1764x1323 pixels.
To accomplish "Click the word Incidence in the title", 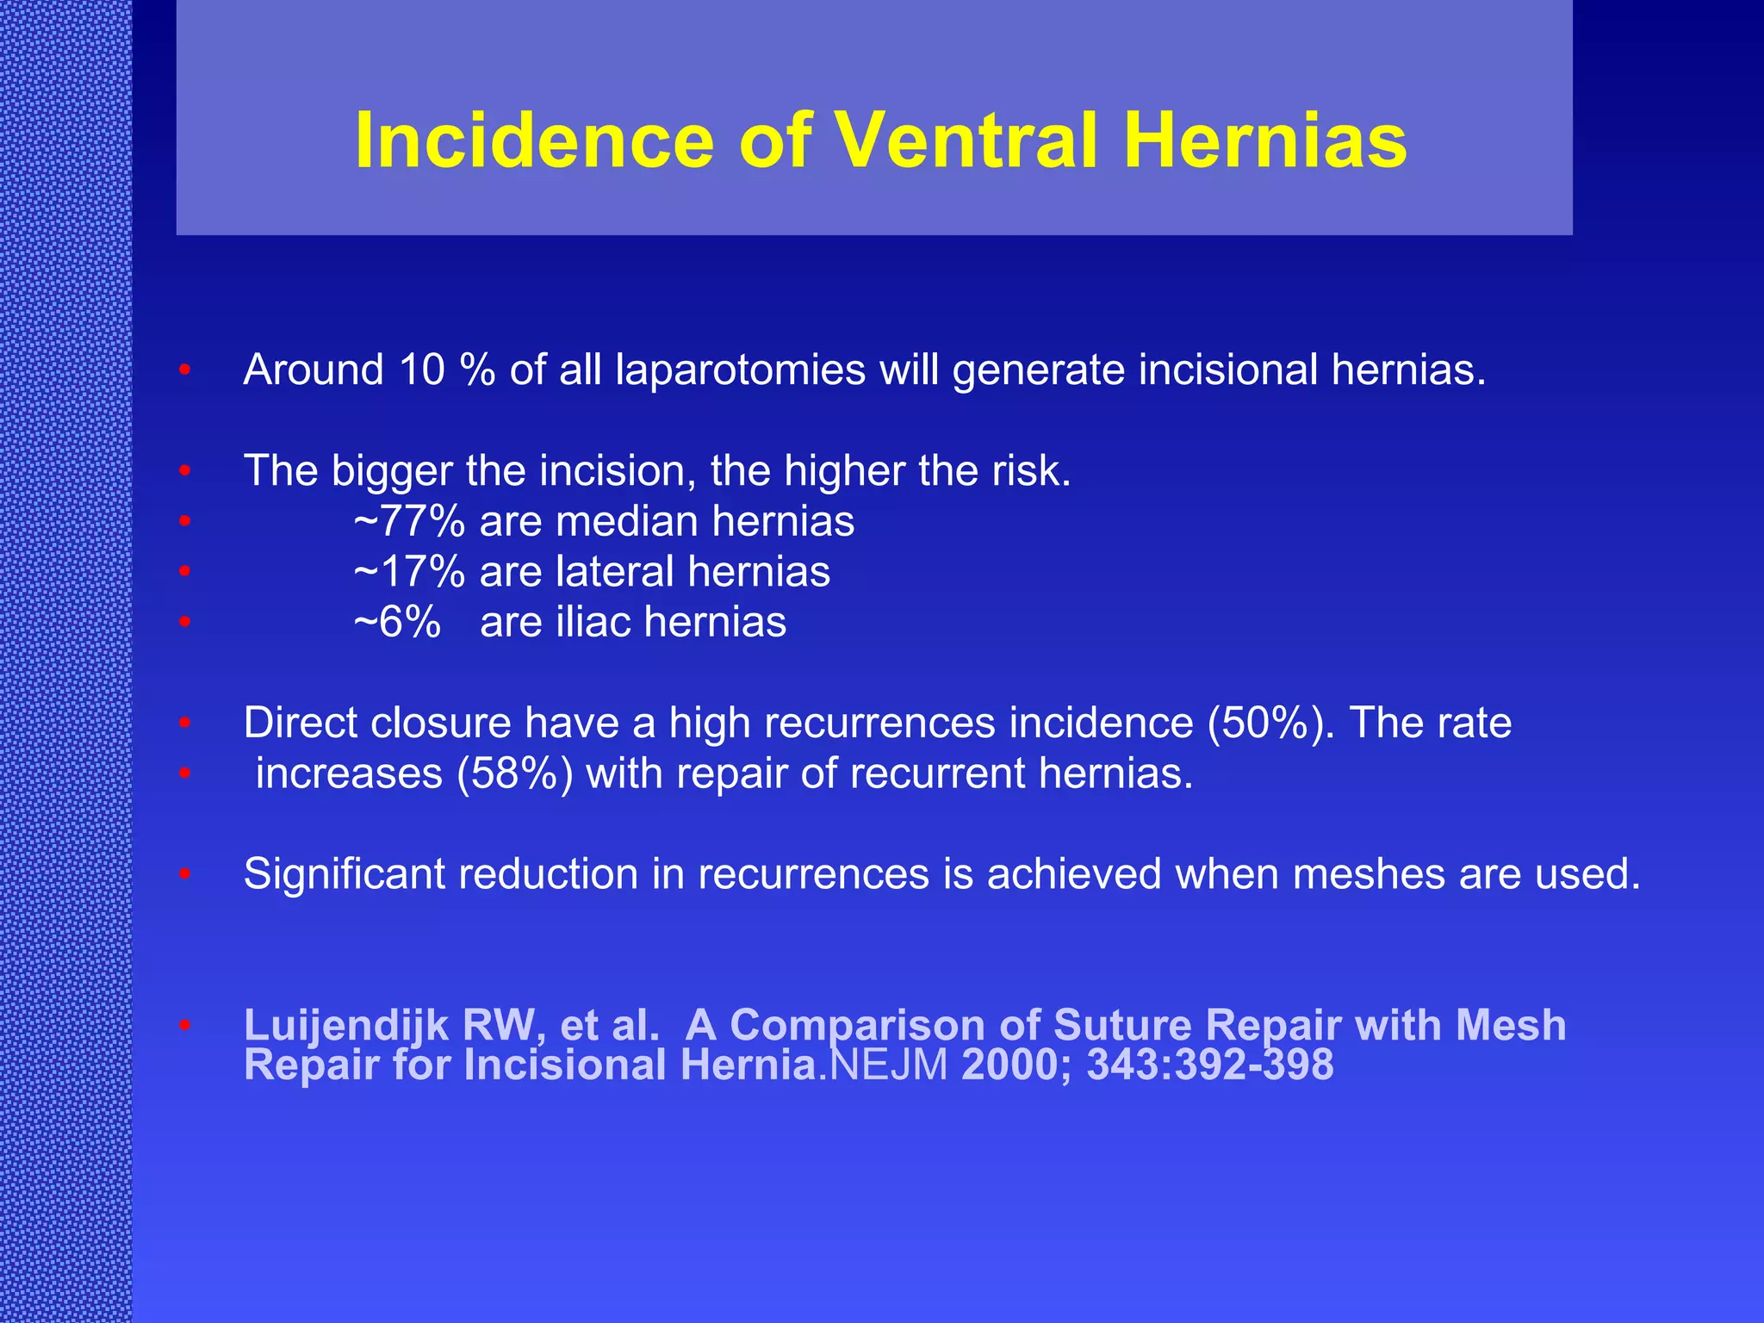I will click(x=534, y=140).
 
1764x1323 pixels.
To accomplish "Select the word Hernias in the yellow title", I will click(x=1265, y=140).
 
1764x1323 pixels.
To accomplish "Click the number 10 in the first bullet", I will click(x=421, y=370).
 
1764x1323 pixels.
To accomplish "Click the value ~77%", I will click(x=409, y=522).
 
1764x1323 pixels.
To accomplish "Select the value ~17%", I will click(x=409, y=572).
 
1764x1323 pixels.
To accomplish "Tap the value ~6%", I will click(x=397, y=623).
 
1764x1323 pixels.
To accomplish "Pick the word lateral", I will click(x=614, y=572).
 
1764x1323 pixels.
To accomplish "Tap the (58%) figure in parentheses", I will click(x=515, y=773).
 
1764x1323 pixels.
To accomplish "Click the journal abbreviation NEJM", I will click(x=888, y=1065).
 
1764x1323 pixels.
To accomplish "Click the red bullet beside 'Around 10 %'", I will click(x=184, y=371).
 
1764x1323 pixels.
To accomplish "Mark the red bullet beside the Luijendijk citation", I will click(x=184, y=1026).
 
